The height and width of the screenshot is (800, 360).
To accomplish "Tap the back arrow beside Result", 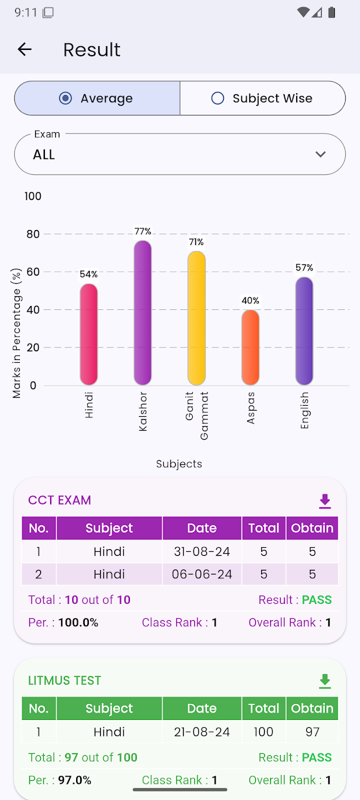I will (x=24, y=49).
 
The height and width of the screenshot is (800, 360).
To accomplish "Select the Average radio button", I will (x=66, y=98).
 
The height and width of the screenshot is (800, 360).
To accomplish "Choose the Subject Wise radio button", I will (x=218, y=98).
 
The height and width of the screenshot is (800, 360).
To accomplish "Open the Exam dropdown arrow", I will (x=321, y=154).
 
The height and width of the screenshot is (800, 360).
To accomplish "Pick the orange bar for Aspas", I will (x=251, y=348).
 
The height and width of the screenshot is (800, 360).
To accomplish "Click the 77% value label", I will (x=143, y=231).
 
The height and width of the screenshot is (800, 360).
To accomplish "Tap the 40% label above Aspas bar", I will (x=251, y=301).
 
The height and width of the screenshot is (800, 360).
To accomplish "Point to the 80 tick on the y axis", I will (x=33, y=234).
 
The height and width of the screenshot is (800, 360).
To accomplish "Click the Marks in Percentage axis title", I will (x=17, y=333).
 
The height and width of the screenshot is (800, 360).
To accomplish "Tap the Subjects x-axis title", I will (x=179, y=464).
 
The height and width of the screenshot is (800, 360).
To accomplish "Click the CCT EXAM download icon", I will (x=325, y=501).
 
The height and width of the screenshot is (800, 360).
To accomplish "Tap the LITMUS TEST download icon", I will (x=325, y=681).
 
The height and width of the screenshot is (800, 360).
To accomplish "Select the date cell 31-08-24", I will (x=202, y=552).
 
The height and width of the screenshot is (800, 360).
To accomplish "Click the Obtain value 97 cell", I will (x=312, y=732).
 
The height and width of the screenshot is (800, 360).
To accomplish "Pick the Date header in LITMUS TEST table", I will (x=202, y=708).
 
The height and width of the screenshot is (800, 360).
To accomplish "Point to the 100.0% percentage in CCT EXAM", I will (x=78, y=623).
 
